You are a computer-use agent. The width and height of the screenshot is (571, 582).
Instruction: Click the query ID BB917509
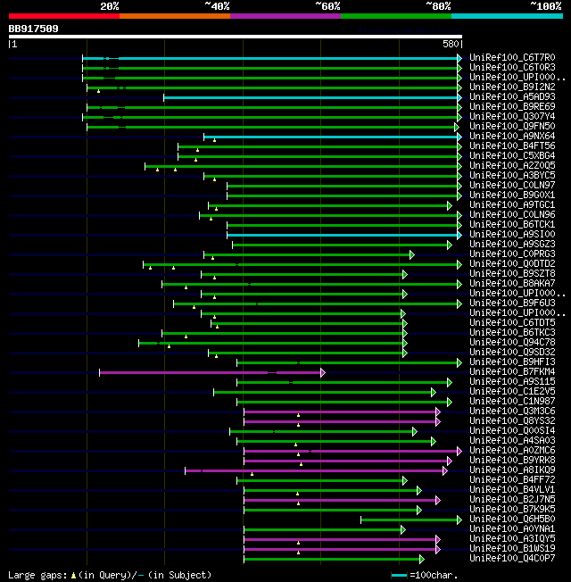[x=34, y=29]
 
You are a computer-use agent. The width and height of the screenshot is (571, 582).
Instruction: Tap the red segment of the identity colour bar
[x=63, y=15]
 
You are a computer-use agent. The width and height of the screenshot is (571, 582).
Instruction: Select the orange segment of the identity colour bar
[x=174, y=15]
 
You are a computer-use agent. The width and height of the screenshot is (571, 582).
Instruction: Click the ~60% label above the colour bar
[x=327, y=5]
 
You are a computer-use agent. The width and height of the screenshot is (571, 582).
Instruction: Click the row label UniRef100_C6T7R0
[x=512, y=58]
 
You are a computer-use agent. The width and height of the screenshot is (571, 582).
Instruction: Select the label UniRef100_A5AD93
[x=512, y=97]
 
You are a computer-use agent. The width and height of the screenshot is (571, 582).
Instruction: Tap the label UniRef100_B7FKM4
[x=512, y=372]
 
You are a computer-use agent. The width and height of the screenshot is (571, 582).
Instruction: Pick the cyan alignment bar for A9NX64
[x=330, y=137]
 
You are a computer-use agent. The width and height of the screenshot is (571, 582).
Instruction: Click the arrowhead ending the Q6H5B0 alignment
[x=461, y=520]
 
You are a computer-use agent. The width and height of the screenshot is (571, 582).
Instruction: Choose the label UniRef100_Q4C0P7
[x=512, y=559]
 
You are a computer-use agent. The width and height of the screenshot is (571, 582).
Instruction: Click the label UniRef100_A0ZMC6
[x=512, y=451]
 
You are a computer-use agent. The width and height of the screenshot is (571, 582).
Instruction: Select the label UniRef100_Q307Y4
[x=512, y=117]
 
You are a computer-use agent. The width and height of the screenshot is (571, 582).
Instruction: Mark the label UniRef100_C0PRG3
[x=512, y=254]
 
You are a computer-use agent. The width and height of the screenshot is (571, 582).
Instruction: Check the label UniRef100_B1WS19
[x=512, y=549]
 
